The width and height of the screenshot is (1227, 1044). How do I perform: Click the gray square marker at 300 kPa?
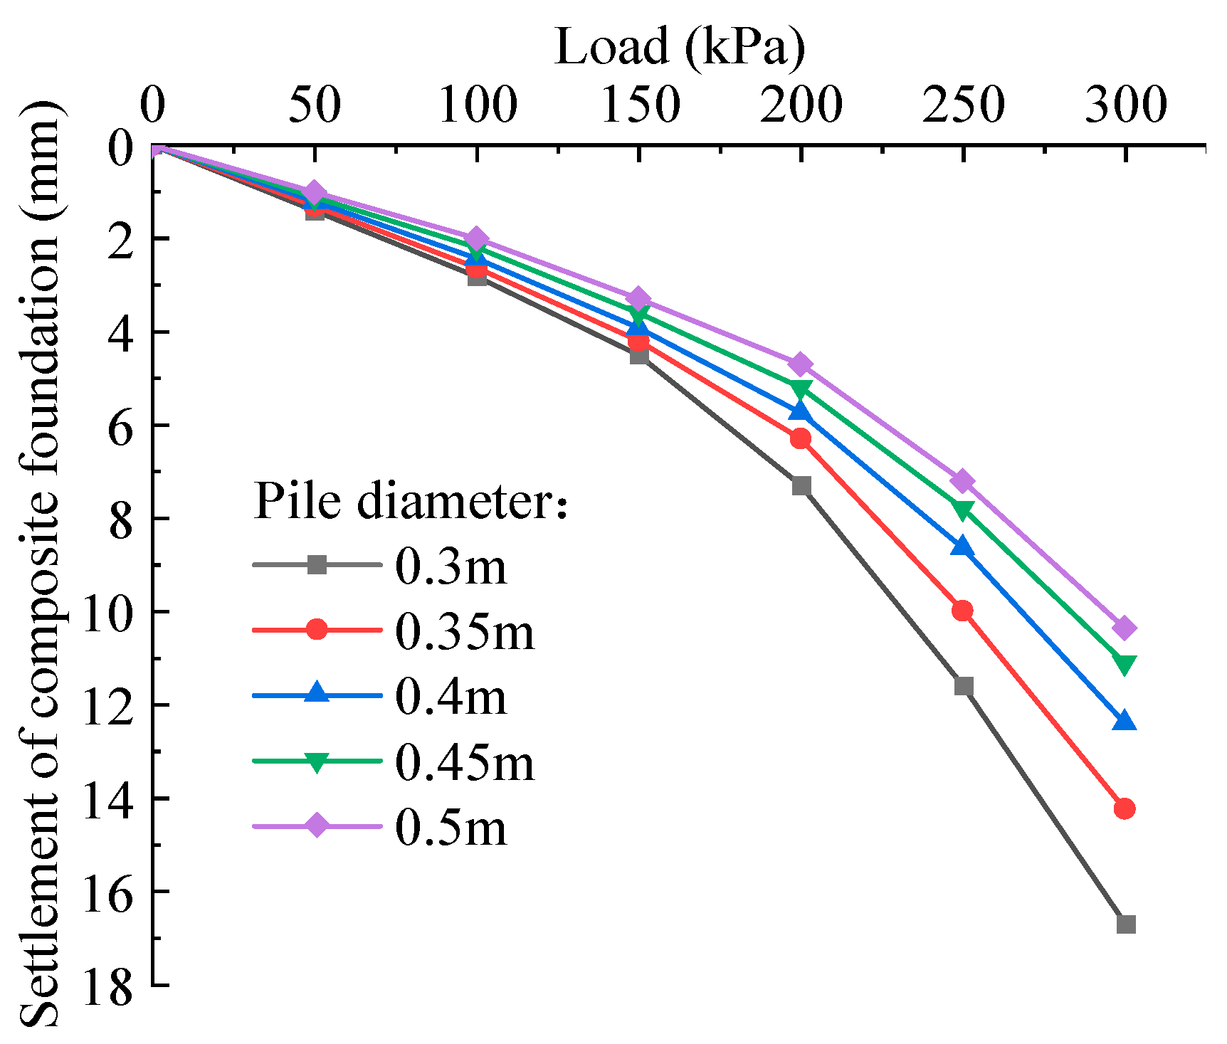pyautogui.click(x=1125, y=924)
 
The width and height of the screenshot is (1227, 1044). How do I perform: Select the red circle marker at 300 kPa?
pyautogui.click(x=1125, y=808)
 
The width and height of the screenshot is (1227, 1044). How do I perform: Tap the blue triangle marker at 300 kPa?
pyautogui.click(x=1125, y=721)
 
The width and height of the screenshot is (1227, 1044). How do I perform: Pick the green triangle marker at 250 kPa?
pyautogui.click(x=963, y=510)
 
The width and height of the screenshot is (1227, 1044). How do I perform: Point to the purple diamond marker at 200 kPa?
pyautogui.click(x=801, y=364)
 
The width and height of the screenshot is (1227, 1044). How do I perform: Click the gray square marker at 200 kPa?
pyautogui.click(x=801, y=486)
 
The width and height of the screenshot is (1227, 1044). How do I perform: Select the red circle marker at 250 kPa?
pyautogui.click(x=962, y=611)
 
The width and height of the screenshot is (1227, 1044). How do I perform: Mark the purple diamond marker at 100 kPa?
pyautogui.click(x=477, y=238)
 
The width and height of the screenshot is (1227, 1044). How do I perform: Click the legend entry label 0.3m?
pyautogui.click(x=451, y=567)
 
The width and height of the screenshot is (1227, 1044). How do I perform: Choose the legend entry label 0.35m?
pyautogui.click(x=464, y=632)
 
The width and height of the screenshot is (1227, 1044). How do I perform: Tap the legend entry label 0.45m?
pyautogui.click(x=464, y=762)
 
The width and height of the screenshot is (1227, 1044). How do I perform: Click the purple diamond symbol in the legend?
pyautogui.click(x=317, y=826)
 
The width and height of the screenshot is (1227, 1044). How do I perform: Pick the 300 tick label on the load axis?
pyautogui.click(x=1125, y=105)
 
